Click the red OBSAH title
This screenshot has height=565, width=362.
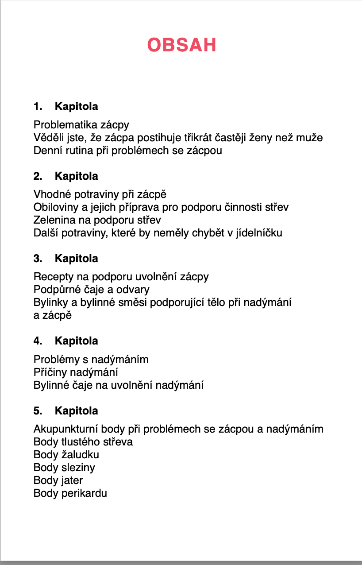181,45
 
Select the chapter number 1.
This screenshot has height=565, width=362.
38,106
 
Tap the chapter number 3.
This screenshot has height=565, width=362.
38,259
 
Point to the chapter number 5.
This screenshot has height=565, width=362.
38,411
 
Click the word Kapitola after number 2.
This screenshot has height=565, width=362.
76,176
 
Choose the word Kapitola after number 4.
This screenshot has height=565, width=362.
76,341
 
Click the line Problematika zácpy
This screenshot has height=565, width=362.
81,125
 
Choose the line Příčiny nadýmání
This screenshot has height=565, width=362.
76,372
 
